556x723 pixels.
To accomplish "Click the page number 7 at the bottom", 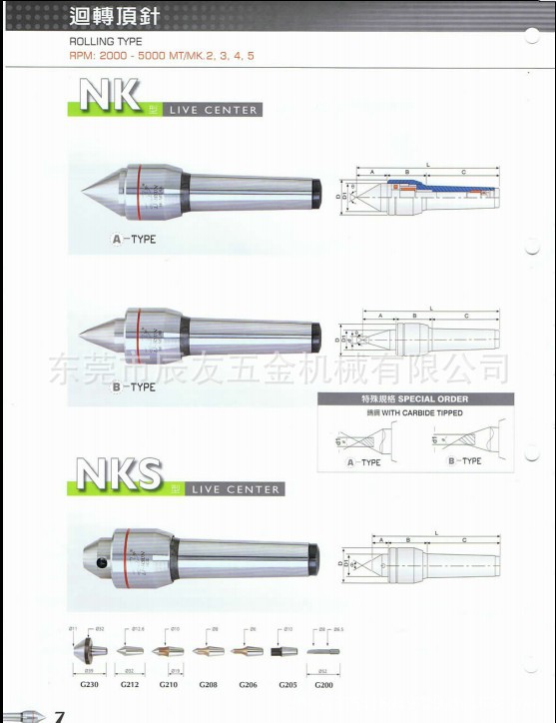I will [61, 715].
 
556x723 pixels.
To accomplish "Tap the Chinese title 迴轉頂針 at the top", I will [117, 16].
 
